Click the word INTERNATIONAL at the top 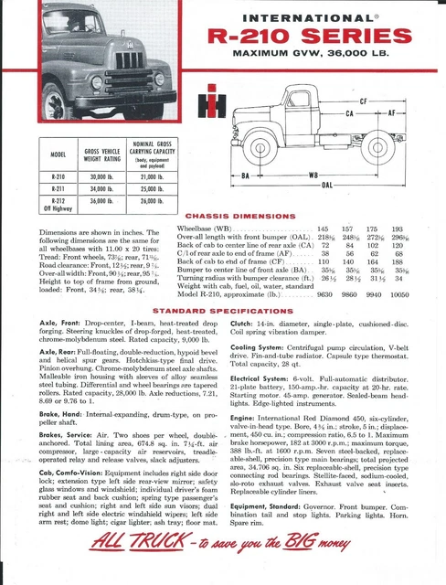pyautogui.click(x=312, y=16)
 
